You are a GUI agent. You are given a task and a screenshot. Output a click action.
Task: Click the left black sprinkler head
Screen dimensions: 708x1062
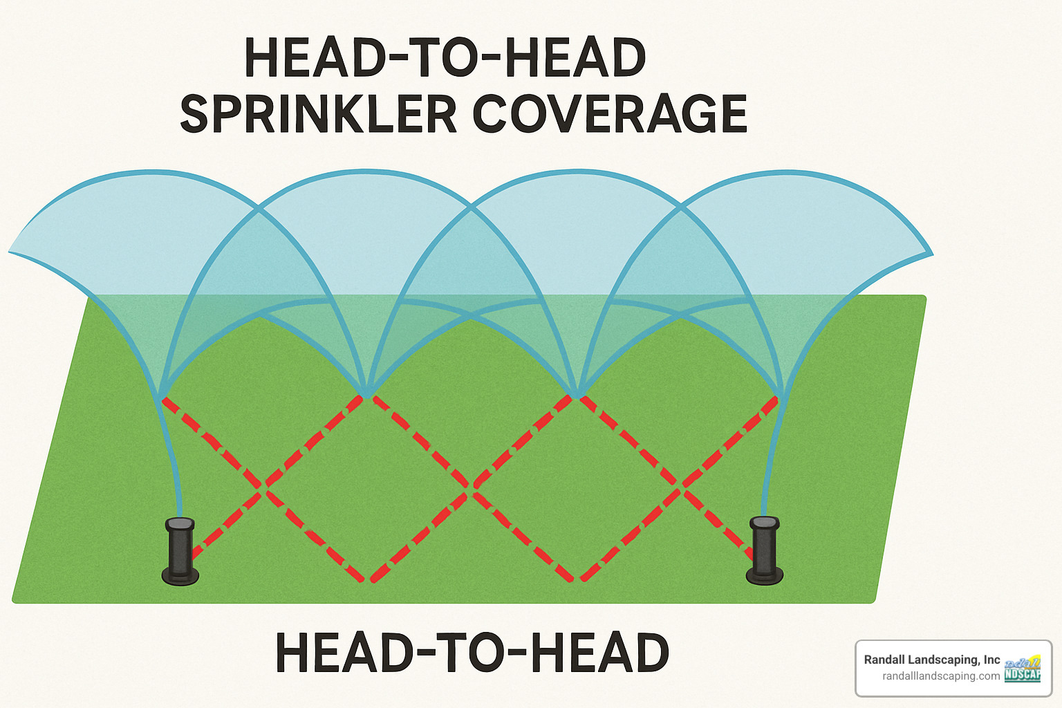coord(180,550)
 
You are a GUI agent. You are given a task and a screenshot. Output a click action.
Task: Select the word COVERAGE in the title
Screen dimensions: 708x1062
coord(610,115)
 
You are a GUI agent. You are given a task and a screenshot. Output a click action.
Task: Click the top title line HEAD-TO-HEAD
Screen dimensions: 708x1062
coord(445,58)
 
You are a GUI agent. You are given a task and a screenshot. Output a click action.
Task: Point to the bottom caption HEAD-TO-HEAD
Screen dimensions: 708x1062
coord(472,653)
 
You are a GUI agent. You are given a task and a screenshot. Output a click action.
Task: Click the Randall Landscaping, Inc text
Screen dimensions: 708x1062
coord(932,660)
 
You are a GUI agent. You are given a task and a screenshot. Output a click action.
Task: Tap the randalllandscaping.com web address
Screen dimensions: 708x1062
coord(941,676)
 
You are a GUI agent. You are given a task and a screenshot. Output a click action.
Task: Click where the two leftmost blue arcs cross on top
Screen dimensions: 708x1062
coord(259,206)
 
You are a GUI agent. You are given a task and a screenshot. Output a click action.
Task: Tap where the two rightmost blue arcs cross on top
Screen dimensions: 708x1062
coord(681,205)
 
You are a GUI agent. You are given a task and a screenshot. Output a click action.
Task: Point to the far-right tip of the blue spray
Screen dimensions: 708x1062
coord(932,254)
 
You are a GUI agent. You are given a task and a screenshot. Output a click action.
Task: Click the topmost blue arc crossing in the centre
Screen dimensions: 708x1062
coord(471,205)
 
